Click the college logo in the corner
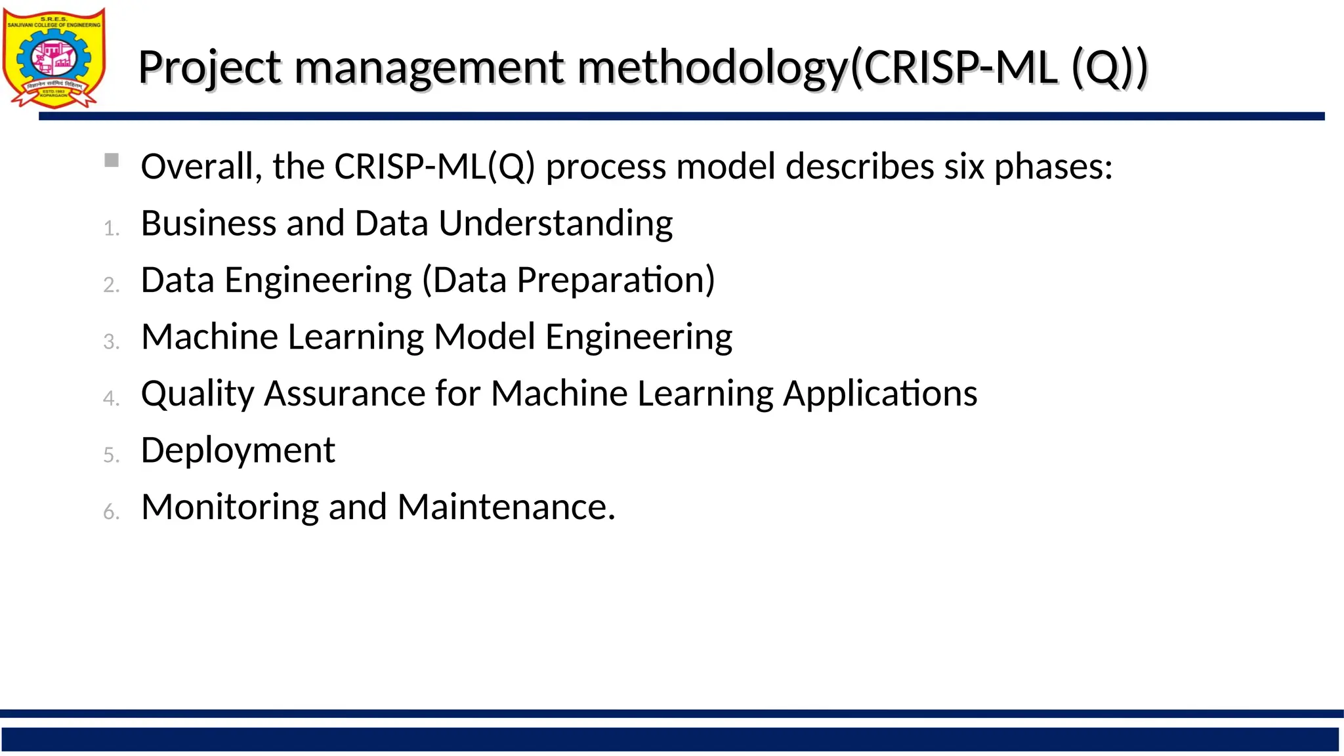coord(54,58)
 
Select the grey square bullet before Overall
coord(112,160)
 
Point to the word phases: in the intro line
coord(1053,167)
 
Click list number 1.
coord(112,228)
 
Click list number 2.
coord(112,285)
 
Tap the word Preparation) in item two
coord(616,280)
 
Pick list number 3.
coord(112,342)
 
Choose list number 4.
coord(112,398)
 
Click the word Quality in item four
coord(198,394)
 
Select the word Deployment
coord(238,451)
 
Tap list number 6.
coord(112,512)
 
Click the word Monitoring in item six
coord(230,508)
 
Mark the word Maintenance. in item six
coord(506,507)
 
